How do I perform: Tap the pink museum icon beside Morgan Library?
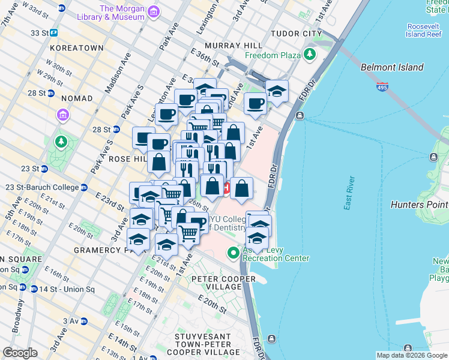[x=154, y=12]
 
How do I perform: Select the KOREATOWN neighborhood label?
[x=75, y=46]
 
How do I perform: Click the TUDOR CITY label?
[x=293, y=33]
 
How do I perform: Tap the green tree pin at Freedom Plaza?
[x=310, y=55]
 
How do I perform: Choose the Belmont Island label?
[x=392, y=68]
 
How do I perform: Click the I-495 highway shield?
[x=382, y=88]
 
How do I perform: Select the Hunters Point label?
[x=419, y=205]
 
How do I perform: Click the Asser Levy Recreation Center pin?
[x=234, y=254]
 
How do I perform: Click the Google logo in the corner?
[x=20, y=352]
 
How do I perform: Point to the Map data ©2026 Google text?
[x=412, y=355]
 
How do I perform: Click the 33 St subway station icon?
[x=53, y=33]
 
